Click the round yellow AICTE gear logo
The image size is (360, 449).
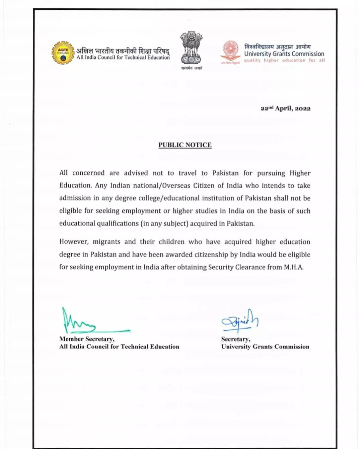(63, 53)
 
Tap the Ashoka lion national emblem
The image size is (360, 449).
(191, 48)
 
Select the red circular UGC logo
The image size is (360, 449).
(231, 50)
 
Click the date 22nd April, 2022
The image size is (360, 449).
(285, 108)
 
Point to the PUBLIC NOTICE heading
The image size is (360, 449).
(185, 145)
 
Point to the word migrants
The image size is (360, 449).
(106, 242)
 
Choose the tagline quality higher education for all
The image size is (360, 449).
(284, 61)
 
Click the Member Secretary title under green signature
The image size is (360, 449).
(87, 339)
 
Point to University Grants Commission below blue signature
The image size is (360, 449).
(265, 347)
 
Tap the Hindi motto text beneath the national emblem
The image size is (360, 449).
(192, 68)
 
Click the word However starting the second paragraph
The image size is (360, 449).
(74, 242)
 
